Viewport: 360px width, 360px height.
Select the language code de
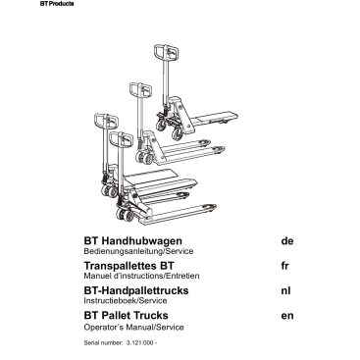285,240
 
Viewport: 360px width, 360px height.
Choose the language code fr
283,265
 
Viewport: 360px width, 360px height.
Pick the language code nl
284,290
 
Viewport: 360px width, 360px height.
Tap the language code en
285,316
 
